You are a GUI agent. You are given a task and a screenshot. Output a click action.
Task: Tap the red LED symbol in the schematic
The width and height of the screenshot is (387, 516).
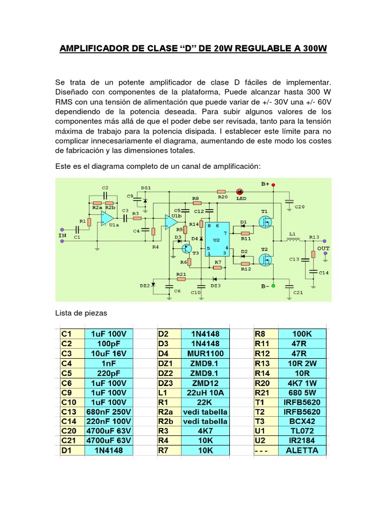point(239,192)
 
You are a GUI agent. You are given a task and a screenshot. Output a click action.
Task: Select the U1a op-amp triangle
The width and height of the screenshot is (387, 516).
point(107,219)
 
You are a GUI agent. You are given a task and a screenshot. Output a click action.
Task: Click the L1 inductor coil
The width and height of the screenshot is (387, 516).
point(292,240)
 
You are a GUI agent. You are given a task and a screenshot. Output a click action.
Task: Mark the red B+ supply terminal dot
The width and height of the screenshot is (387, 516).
point(274,185)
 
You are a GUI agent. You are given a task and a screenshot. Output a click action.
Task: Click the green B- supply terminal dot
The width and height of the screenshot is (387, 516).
point(274,286)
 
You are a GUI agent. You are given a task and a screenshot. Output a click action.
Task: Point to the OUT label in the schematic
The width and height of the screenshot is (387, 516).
point(324,248)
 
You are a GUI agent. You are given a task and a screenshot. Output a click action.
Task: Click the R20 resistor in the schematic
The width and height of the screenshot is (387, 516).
point(221,192)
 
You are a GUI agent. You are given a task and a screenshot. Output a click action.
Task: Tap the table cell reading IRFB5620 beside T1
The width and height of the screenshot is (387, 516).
point(302,402)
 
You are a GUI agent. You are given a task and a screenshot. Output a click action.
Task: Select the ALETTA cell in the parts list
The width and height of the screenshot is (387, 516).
point(302,450)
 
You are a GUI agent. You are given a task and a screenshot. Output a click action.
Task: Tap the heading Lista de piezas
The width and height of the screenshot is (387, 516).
point(81,313)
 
